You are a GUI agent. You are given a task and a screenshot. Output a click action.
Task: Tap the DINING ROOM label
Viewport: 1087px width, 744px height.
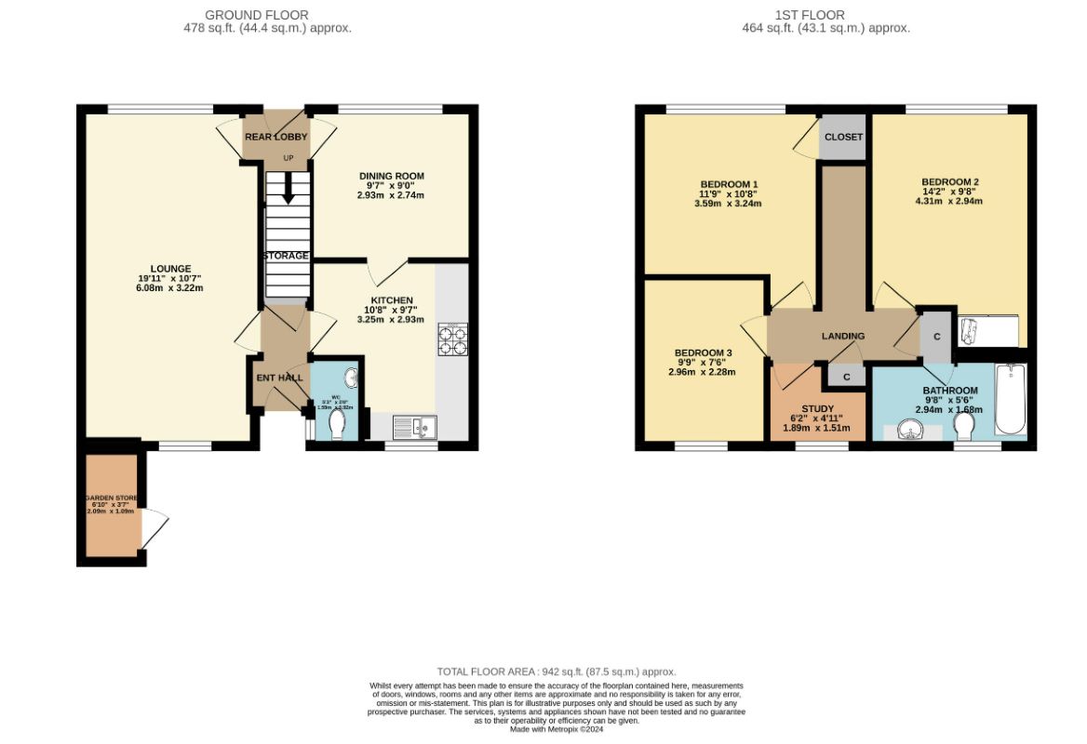(x=391, y=176)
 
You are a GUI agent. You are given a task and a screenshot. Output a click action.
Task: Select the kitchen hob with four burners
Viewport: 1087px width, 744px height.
(x=452, y=340)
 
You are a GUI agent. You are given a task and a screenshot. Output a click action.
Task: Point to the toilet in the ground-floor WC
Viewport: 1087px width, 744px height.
(x=336, y=424)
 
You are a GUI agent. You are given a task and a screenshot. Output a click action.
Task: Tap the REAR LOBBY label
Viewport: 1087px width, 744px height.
(x=275, y=137)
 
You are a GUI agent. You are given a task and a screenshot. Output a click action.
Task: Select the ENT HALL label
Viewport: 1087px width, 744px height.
(x=279, y=379)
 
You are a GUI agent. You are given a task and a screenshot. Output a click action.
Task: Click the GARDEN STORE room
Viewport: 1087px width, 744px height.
(x=110, y=507)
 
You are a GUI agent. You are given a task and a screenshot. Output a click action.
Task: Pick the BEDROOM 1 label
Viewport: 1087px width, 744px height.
(x=716, y=183)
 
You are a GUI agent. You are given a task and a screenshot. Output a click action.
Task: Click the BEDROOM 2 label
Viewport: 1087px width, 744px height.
(x=949, y=182)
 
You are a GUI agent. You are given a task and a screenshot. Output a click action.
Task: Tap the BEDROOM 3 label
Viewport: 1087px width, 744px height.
(x=703, y=353)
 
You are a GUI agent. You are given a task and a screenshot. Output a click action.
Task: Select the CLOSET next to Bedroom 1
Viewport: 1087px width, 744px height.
(x=843, y=137)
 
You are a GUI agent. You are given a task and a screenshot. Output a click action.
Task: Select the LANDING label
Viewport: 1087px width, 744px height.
(x=842, y=336)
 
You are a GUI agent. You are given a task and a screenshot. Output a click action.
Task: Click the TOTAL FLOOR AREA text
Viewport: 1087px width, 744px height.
(x=556, y=671)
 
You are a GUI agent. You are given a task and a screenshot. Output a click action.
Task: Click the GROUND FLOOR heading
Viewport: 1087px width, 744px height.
(x=256, y=15)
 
